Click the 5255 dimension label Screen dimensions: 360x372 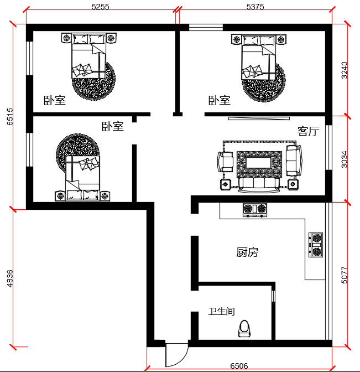click(101, 7)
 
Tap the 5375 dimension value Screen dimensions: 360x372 click(255, 7)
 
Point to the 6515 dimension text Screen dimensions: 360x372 click(10, 116)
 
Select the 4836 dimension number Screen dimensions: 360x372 click(10, 278)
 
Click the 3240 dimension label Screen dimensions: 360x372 click(345, 70)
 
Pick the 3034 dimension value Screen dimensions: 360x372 click(345, 159)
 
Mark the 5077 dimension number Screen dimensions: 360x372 click(345, 275)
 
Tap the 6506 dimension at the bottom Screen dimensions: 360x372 click(239, 366)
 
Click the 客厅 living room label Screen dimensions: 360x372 click(309, 131)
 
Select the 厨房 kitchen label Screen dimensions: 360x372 click(247, 252)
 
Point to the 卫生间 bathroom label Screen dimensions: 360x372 click(222, 312)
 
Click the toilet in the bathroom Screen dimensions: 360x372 click(244, 329)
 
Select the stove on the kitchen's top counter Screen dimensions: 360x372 click(255, 210)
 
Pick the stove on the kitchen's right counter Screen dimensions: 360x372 click(316, 245)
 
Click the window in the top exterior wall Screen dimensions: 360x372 click(206, 28)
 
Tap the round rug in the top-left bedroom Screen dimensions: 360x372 click(94, 81)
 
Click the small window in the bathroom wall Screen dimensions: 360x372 click(273, 296)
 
